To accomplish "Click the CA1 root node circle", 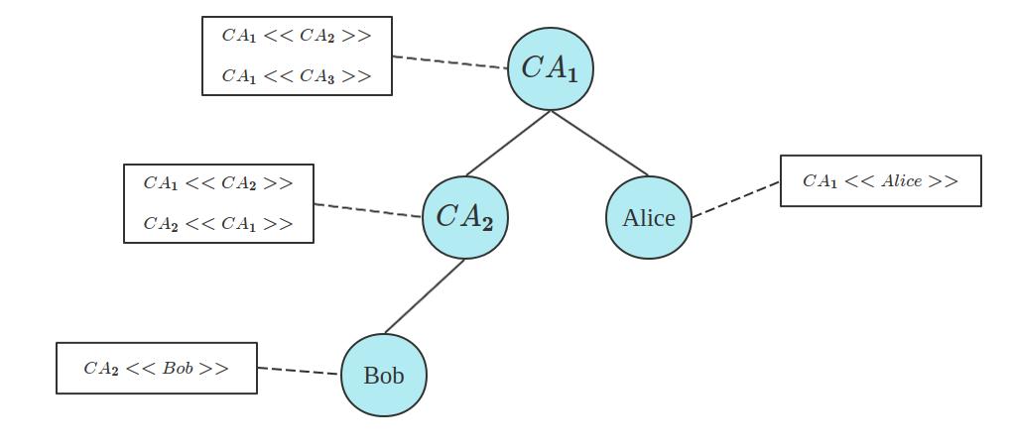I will click(x=551, y=68).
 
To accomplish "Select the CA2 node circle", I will click(x=464, y=217).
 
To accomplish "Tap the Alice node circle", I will click(x=648, y=217).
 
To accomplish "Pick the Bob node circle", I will click(x=384, y=376).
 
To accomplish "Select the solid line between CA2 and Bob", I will click(x=424, y=295).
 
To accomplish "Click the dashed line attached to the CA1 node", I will click(x=450, y=62).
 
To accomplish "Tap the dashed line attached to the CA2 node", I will click(x=368, y=210).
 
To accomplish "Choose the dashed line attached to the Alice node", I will click(x=735, y=199).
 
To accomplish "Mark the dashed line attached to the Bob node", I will click(x=299, y=371).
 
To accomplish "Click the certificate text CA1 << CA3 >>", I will click(x=297, y=76).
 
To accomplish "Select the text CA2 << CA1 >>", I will click(x=218, y=224).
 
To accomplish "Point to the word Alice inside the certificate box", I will click(x=901, y=180).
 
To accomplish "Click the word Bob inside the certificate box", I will click(x=178, y=369).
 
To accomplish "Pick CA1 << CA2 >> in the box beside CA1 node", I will click(x=297, y=37).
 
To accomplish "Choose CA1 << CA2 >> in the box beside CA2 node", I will click(x=218, y=183).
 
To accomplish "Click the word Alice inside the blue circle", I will click(x=648, y=218).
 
